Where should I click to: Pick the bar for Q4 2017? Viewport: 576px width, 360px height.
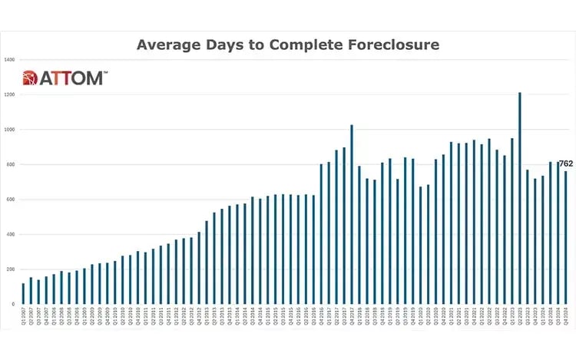[352, 214]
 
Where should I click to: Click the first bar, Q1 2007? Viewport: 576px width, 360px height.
[24, 293]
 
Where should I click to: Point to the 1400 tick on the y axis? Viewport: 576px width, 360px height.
[10, 60]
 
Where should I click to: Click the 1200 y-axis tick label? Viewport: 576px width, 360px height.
[10, 94]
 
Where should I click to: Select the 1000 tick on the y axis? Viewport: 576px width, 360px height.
[10, 130]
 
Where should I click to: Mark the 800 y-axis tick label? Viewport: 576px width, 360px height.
[11, 164]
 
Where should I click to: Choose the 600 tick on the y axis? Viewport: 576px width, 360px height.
[11, 200]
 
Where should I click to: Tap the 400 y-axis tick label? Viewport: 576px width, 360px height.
[11, 234]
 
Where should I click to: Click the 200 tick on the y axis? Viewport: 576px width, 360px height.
[11, 269]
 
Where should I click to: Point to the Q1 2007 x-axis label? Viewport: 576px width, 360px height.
[24, 316]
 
